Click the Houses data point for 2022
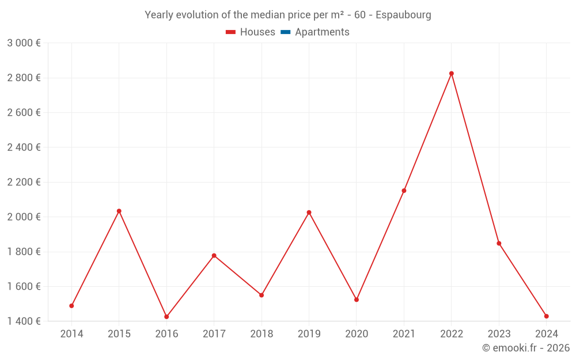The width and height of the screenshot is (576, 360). coord(452,73)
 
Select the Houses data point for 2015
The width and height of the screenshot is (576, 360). coord(119,211)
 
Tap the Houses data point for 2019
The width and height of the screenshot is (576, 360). coord(309,213)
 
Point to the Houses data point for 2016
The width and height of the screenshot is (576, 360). coord(166,317)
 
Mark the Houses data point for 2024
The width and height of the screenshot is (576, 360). coord(547,316)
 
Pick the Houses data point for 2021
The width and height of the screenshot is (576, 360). coord(404,191)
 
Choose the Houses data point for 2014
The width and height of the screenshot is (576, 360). coord(71,306)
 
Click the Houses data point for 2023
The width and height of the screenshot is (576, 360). coord(499,243)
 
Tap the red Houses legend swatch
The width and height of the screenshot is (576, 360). coord(230,32)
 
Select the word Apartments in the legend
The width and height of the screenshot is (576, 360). coord(322,32)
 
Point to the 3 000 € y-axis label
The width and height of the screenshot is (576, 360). coord(24,43)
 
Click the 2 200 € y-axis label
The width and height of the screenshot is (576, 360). coord(24,182)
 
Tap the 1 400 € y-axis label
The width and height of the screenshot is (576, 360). coord(24,321)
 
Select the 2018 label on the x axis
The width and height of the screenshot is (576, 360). coord(262,334)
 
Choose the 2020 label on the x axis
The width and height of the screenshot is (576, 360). coord(357,334)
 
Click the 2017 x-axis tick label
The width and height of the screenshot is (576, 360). coord(214,334)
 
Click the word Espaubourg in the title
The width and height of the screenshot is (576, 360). coord(403,15)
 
